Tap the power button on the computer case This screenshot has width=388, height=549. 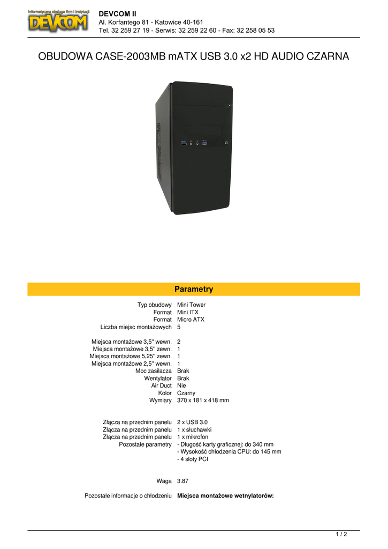point(227,143)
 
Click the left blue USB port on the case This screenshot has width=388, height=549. point(184,143)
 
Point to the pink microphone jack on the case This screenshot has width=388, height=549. point(191,143)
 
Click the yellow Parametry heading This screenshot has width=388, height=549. point(194,290)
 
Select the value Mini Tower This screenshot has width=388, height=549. point(191,305)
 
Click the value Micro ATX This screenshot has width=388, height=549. point(191,320)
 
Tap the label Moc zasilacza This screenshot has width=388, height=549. point(154,371)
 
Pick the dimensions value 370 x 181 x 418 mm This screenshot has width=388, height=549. point(203,400)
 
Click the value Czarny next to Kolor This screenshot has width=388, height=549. point(186,393)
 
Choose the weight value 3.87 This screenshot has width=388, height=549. point(182,481)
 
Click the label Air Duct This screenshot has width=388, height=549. point(161,385)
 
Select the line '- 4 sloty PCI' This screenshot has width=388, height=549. point(193,459)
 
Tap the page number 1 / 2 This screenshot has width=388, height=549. point(341,534)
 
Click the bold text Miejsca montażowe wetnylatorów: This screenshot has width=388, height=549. point(225,496)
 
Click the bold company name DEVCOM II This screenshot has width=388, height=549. point(118,13)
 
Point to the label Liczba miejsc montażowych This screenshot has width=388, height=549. point(136,327)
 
